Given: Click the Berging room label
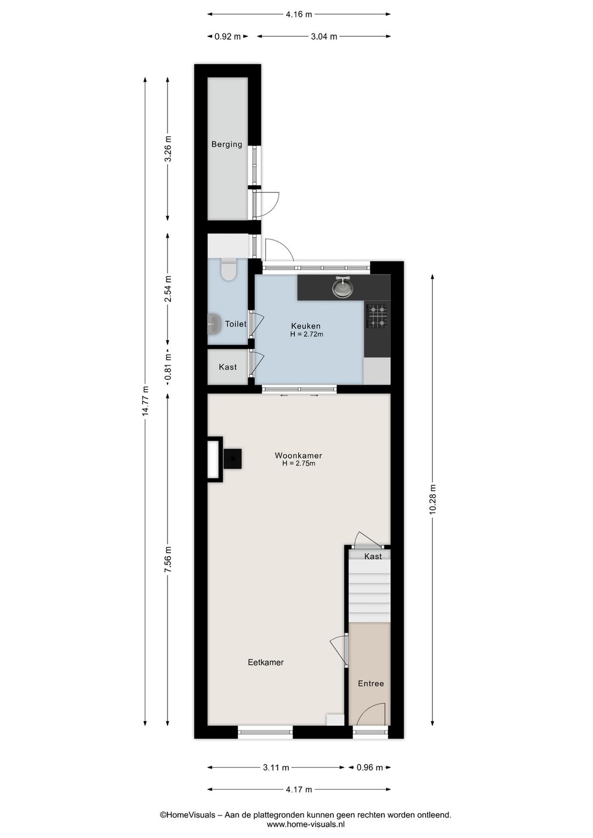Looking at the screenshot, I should click(x=227, y=144).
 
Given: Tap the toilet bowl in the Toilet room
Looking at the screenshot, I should click(x=228, y=270).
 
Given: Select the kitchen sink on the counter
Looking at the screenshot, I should click(x=343, y=288).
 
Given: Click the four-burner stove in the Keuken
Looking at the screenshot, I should click(x=377, y=316).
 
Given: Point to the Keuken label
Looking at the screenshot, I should click(x=306, y=326).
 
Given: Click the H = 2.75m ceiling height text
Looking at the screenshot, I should click(x=299, y=463).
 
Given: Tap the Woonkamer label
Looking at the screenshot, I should click(x=298, y=455).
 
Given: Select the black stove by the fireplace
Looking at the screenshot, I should click(x=232, y=459).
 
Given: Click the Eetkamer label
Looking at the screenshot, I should click(x=266, y=662).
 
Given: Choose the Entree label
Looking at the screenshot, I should click(x=371, y=683).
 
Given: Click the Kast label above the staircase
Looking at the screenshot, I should click(x=373, y=556).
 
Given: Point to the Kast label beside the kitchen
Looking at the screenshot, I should click(x=228, y=367).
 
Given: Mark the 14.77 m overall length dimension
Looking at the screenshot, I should click(x=146, y=400).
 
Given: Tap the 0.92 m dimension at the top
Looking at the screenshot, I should click(x=227, y=37).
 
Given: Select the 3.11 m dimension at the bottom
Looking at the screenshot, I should click(x=276, y=768).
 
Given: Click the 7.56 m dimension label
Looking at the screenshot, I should click(x=168, y=560).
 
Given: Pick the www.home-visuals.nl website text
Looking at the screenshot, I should click(x=306, y=824).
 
